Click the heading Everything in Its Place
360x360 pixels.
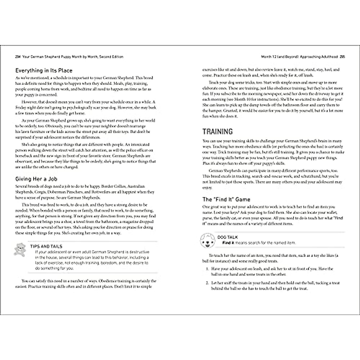(x=44, y=71)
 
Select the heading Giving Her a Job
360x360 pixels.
(x=36, y=179)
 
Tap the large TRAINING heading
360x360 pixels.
(x=217, y=132)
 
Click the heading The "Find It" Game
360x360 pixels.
(x=226, y=199)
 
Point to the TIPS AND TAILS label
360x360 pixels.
(x=46, y=246)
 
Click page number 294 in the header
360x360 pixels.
(x=18, y=57)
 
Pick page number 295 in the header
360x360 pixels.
(x=342, y=57)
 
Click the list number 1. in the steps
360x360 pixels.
(x=207, y=269)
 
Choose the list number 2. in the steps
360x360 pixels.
(x=207, y=283)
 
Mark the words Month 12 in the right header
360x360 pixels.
(x=268, y=57)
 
